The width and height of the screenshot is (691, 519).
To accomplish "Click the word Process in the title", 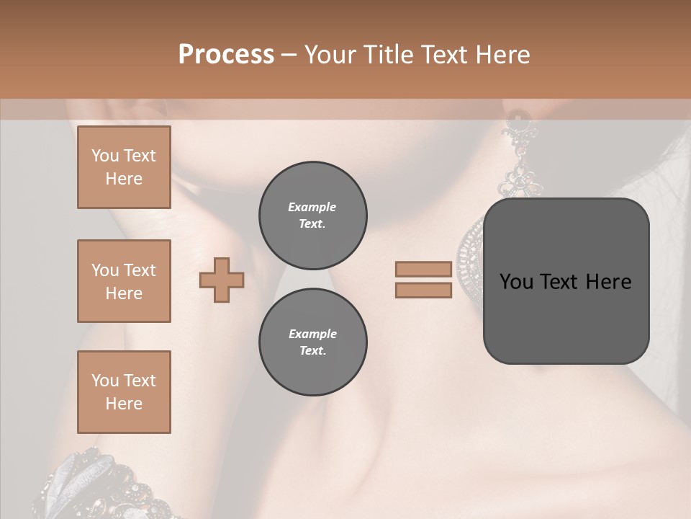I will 226,55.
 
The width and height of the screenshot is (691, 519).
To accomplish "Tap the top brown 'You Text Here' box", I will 124,167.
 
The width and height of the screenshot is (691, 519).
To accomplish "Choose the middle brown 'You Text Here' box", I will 124,281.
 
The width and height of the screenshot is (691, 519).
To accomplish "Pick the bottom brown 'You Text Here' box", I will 124,392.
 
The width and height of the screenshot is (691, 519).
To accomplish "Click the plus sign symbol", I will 222,280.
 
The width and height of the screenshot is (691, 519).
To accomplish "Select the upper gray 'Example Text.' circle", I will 312,215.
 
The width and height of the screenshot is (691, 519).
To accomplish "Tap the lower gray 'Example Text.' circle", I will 312,342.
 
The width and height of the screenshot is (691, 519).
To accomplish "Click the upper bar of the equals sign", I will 423,270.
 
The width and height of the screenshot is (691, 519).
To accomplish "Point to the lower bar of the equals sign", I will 423,290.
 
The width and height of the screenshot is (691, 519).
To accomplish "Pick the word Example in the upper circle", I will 312,207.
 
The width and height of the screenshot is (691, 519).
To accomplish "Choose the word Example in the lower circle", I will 312,334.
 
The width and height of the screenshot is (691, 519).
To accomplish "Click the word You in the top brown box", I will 104,156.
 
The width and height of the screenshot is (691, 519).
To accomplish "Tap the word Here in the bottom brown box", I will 124,404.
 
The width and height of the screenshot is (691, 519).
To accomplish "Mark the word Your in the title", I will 331,55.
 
